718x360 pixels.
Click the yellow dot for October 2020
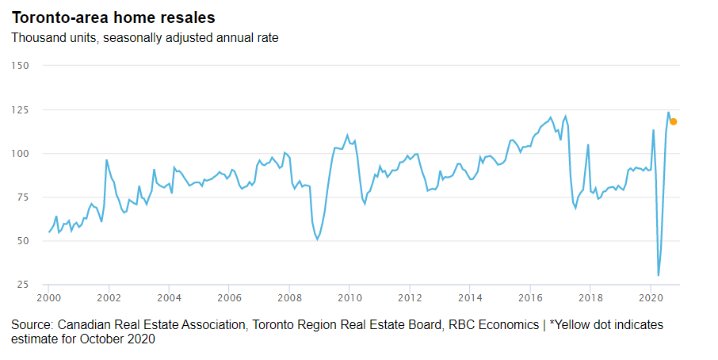click(x=674, y=121)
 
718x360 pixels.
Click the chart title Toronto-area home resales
click(x=113, y=17)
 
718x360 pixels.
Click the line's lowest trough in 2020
click(x=659, y=275)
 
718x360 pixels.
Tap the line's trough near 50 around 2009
click(x=318, y=239)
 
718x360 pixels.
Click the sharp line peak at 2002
click(x=107, y=160)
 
